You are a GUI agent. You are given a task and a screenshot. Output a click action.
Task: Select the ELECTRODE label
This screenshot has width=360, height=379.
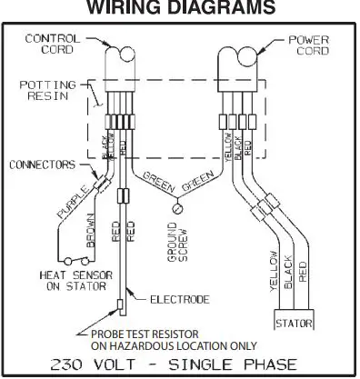coord(171,297)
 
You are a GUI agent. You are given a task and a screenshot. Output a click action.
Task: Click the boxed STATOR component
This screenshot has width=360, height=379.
coord(295,322)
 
